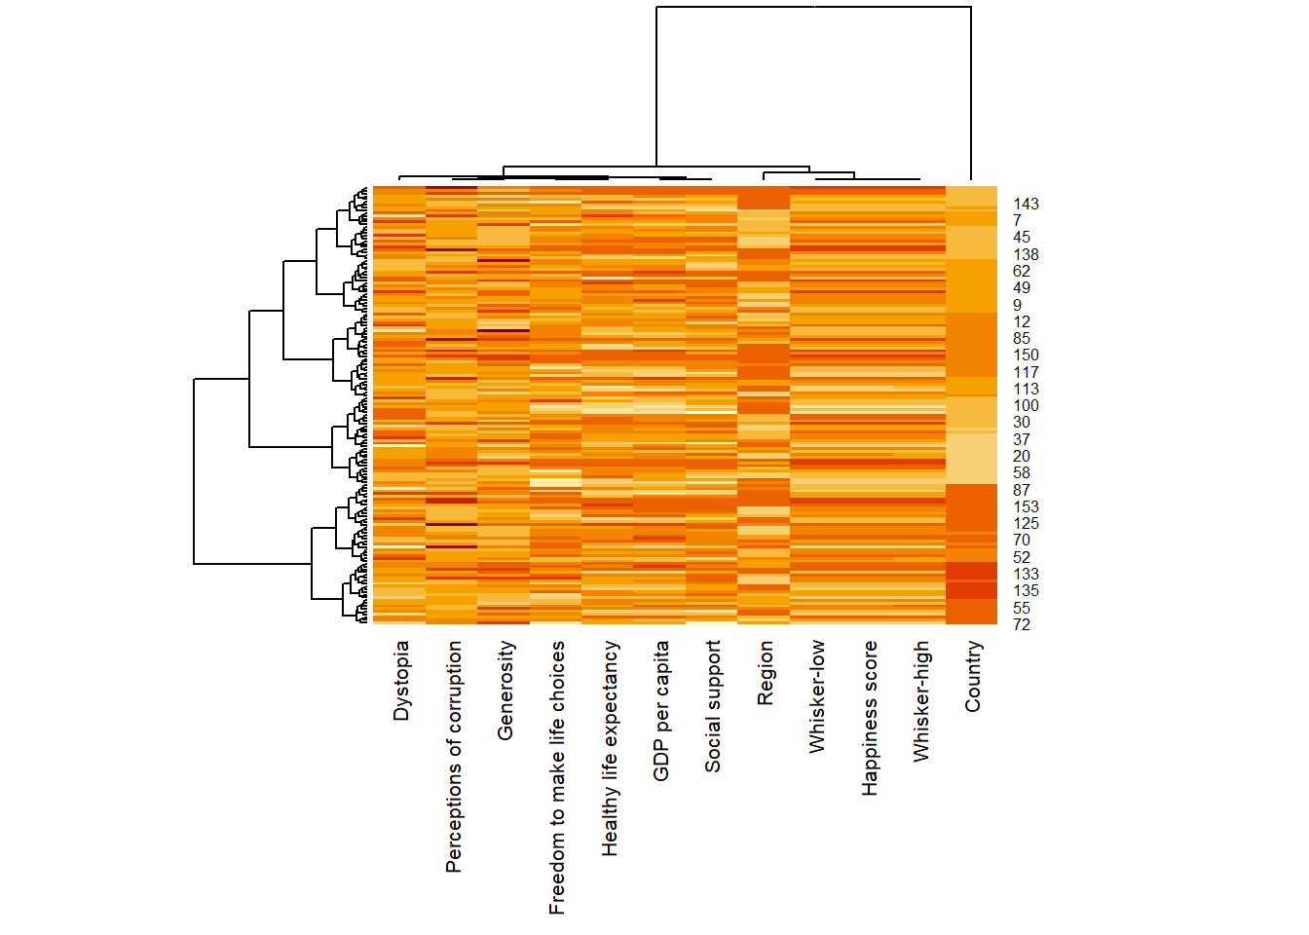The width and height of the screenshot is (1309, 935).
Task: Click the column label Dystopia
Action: coord(400,681)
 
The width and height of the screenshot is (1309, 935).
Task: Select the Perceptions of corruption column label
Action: coord(453,757)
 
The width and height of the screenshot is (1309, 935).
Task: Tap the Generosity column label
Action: coord(505,691)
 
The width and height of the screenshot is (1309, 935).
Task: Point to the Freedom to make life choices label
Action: coord(557,777)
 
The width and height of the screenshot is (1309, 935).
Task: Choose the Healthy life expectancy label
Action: coord(610,748)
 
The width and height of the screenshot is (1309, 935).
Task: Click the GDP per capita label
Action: coord(661,711)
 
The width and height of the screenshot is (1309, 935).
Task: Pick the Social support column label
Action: coord(713,706)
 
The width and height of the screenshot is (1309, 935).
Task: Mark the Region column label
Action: coord(766,673)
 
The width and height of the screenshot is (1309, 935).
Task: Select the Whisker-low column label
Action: coord(817,696)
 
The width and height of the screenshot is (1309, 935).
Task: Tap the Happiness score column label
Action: coord(870,718)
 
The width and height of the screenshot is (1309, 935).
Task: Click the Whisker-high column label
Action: coord(921,700)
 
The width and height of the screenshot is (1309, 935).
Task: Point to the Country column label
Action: coord(973,676)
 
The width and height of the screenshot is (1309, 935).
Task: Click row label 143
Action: coord(1026,205)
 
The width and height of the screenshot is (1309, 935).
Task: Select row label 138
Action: coord(1026,255)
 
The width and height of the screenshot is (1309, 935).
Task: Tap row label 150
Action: coord(1026,355)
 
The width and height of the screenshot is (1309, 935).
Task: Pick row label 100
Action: coord(1026,406)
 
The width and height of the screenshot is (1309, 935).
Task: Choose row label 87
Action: coord(1021,491)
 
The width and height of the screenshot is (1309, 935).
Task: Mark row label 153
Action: coord(1026,507)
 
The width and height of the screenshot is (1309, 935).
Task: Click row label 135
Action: coord(1026,591)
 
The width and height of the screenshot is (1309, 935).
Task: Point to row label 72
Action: coord(1021,625)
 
